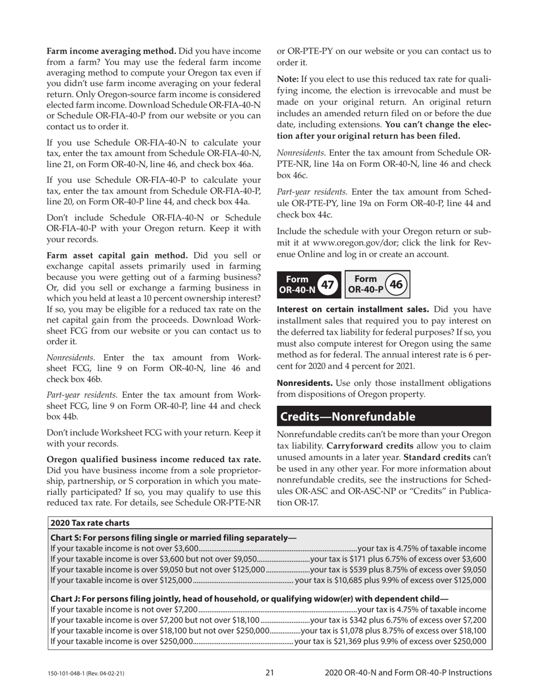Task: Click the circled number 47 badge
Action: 327,284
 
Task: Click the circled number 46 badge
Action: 397,283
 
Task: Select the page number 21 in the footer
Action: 269,673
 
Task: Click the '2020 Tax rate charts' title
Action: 90,523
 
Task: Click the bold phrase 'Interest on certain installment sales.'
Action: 352,310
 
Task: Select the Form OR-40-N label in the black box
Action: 296,284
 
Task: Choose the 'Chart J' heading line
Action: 249,598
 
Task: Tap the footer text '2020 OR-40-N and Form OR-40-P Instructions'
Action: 408,673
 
